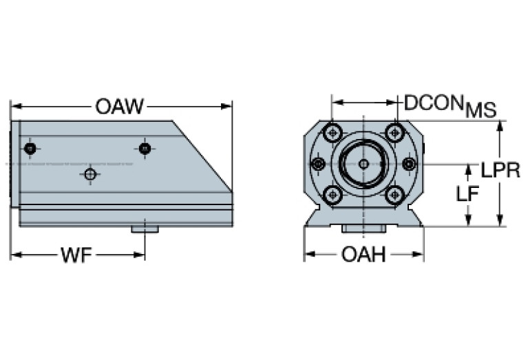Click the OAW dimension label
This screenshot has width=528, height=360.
pyautogui.click(x=120, y=107)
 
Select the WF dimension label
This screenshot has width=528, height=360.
pyautogui.click(x=76, y=256)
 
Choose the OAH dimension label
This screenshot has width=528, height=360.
pyautogui.click(x=363, y=255)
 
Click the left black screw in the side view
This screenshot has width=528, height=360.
pyautogui.click(x=29, y=149)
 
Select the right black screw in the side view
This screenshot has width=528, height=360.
pyautogui.click(x=144, y=148)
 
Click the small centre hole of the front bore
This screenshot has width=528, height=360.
pyautogui.click(x=363, y=164)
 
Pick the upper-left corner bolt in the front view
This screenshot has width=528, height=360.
pyautogui.click(x=333, y=132)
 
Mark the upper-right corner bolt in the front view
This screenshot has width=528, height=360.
pyautogui.click(x=394, y=132)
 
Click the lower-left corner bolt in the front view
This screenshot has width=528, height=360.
pyautogui.click(x=333, y=195)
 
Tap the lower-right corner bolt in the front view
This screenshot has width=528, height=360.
pyautogui.click(x=394, y=195)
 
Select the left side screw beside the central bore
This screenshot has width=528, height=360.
pyautogui.click(x=317, y=164)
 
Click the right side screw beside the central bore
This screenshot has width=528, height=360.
pyautogui.click(x=409, y=164)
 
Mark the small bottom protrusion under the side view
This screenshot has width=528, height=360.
pyautogui.click(x=145, y=228)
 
